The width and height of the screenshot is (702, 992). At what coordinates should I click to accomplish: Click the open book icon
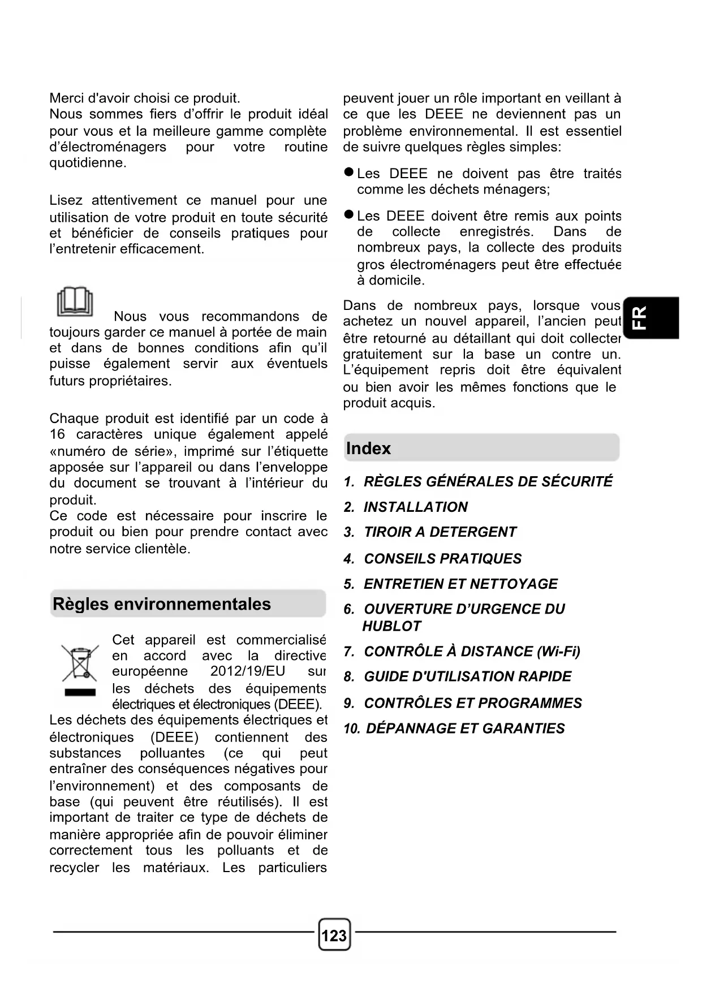pos(74,302)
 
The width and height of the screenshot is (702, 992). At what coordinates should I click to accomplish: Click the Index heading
pos(368,448)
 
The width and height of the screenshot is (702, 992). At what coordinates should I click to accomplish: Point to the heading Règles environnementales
pos(162,604)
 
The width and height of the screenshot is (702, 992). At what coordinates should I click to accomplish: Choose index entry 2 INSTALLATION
pos(415,507)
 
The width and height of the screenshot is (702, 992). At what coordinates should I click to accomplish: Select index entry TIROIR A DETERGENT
pos(440,532)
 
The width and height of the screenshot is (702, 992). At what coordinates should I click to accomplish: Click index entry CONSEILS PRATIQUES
pos(442,559)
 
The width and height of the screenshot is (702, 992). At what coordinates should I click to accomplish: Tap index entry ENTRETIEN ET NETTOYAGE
pos(460,584)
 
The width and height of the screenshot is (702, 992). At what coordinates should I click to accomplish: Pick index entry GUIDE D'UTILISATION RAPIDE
pos(467,676)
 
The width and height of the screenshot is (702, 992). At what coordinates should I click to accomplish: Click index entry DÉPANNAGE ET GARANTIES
pos(465,728)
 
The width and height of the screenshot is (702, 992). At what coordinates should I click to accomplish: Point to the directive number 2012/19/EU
pos(248,671)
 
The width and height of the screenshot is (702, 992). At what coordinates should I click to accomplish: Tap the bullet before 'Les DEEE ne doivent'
pos(349,172)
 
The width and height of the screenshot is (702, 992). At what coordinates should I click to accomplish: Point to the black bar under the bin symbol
pos(80,692)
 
